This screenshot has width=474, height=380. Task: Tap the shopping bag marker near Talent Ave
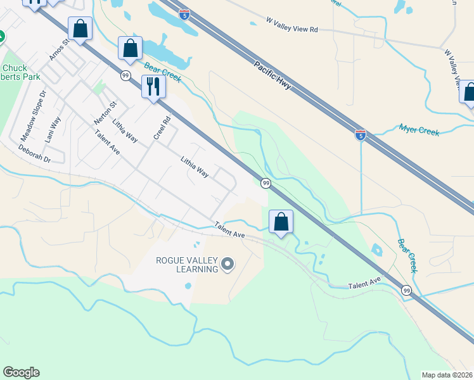pyautogui.click(x=281, y=222)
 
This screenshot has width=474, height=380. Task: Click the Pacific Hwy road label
pyautogui.click(x=272, y=75)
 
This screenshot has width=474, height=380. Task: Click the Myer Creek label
pyautogui.click(x=419, y=130)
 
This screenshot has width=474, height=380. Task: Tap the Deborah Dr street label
pyautogui.click(x=34, y=155)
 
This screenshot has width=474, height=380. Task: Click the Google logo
pyautogui.click(x=21, y=372)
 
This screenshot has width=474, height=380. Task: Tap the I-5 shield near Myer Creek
pyautogui.click(x=360, y=135)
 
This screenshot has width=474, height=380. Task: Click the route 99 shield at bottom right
pyautogui.click(x=406, y=290)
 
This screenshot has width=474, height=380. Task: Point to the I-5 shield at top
pyautogui.click(x=184, y=14)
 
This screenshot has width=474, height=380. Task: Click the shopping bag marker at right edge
pyautogui.click(x=468, y=92)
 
